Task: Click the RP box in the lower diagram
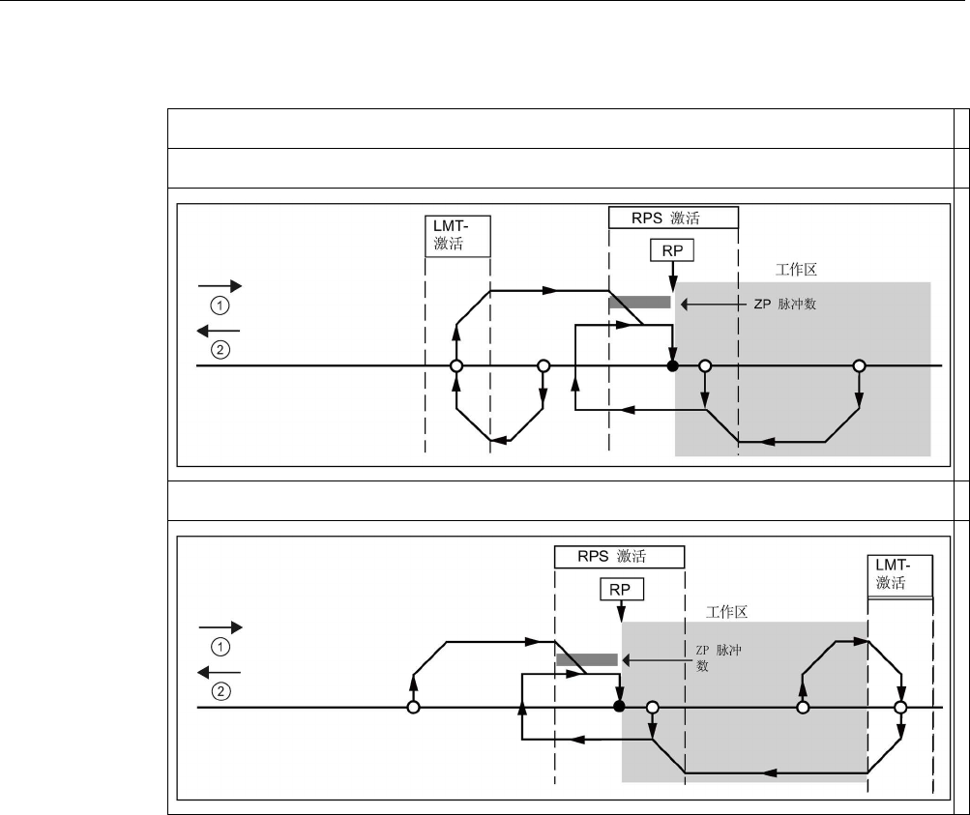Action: (x=621, y=589)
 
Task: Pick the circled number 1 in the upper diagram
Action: (x=220, y=305)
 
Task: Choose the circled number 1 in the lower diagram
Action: (x=220, y=646)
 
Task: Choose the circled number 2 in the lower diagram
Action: (x=220, y=691)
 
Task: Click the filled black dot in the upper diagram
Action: (x=672, y=366)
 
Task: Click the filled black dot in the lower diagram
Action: (x=620, y=708)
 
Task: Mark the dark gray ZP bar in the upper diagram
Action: (x=639, y=303)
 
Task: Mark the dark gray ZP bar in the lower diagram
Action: (x=587, y=659)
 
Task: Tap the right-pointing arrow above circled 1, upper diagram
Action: (x=220, y=286)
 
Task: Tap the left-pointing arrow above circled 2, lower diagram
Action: (x=220, y=673)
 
